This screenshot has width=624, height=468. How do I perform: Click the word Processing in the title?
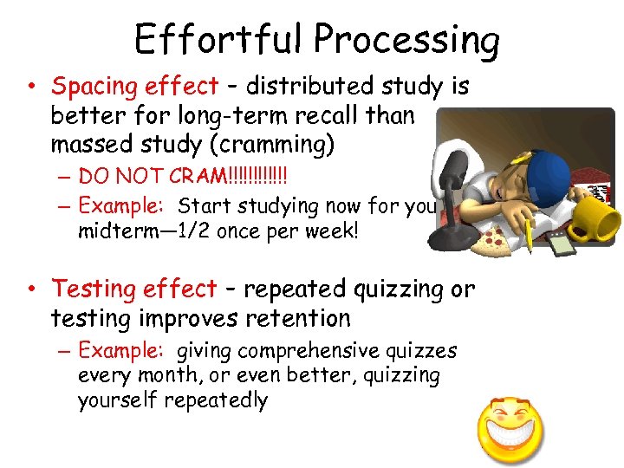(x=406, y=40)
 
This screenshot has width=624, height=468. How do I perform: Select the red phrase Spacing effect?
(x=134, y=87)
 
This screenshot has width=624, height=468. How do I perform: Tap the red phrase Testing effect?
(x=134, y=289)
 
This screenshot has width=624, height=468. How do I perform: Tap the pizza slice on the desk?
(x=494, y=237)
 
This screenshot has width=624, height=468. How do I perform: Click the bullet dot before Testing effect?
(x=30, y=289)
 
